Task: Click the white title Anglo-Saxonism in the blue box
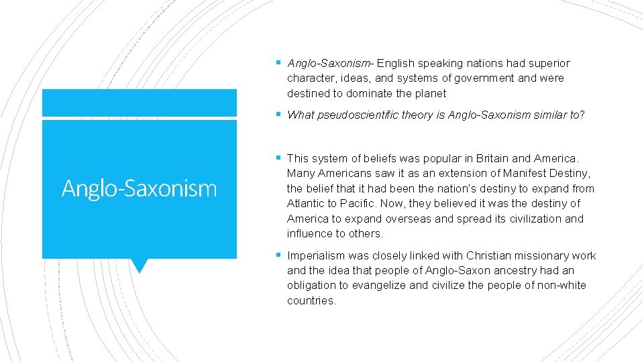tap(139, 188)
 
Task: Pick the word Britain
tap(492, 159)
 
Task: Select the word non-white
tap(561, 286)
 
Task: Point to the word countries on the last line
tap(311, 300)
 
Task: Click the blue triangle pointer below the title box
tap(139, 265)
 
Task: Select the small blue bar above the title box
tap(139, 103)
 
